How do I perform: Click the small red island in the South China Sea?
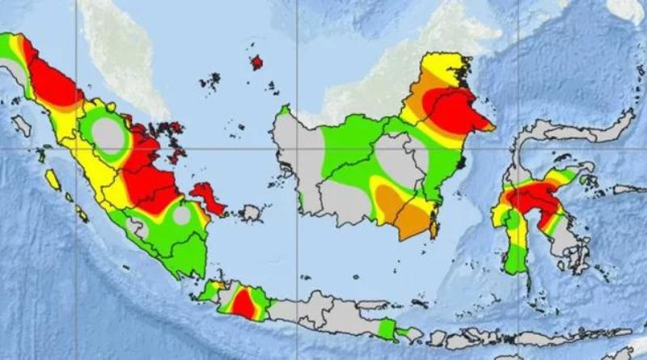[x=257, y=61]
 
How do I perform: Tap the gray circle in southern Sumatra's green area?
[x=182, y=216]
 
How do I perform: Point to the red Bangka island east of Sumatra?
[x=208, y=197]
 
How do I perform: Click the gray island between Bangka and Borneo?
[x=252, y=213]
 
